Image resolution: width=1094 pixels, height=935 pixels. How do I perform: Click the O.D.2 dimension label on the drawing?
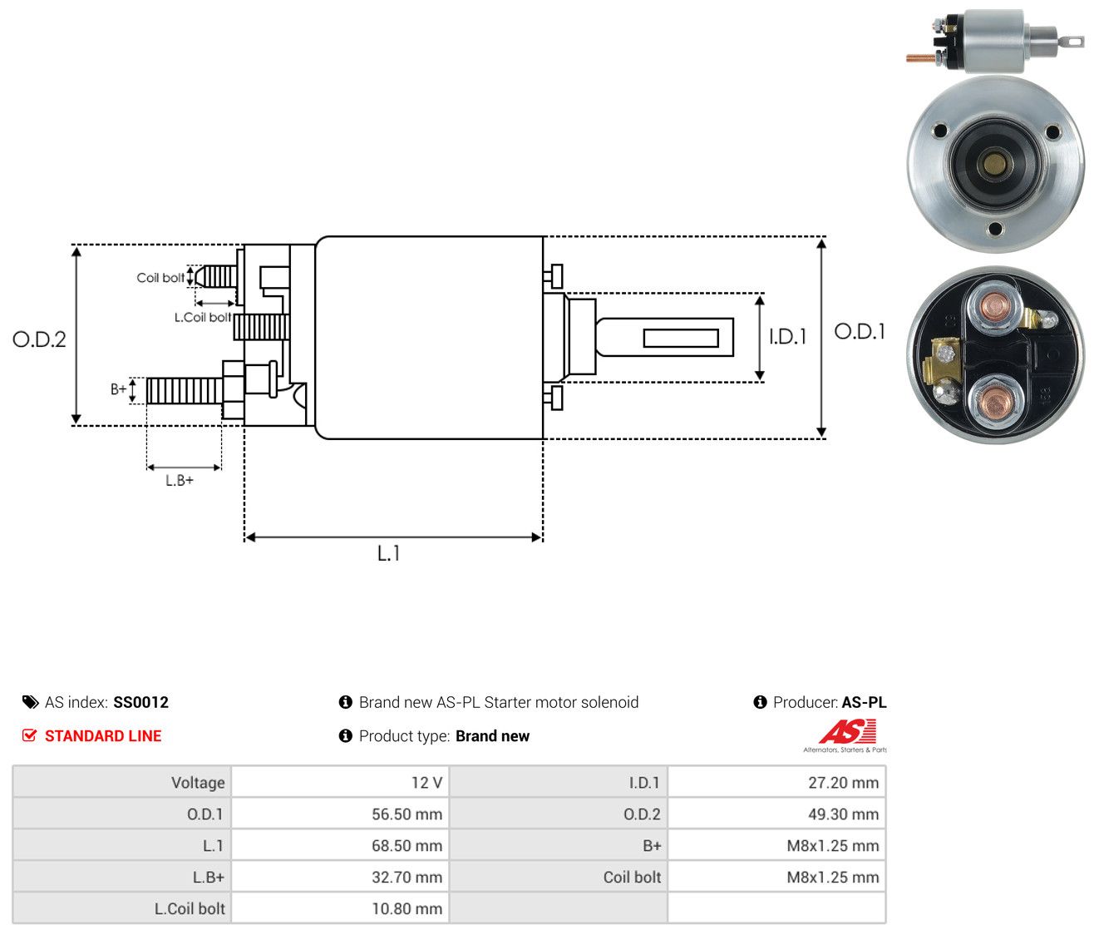(39, 339)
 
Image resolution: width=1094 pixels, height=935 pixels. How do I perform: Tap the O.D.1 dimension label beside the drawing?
(860, 332)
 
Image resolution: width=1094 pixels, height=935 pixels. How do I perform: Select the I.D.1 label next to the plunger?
(787, 336)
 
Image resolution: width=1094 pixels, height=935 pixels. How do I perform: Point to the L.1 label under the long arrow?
(388, 553)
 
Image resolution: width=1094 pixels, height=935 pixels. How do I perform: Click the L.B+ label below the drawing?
(180, 481)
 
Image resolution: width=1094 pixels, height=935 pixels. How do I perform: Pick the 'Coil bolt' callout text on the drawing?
(160, 278)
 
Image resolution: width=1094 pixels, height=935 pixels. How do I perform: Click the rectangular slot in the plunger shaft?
(681, 338)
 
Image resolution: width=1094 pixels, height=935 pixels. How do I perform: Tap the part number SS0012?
(140, 702)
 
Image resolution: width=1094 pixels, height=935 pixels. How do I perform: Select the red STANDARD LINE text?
(103, 736)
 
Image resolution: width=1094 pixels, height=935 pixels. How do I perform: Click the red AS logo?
(847, 731)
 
